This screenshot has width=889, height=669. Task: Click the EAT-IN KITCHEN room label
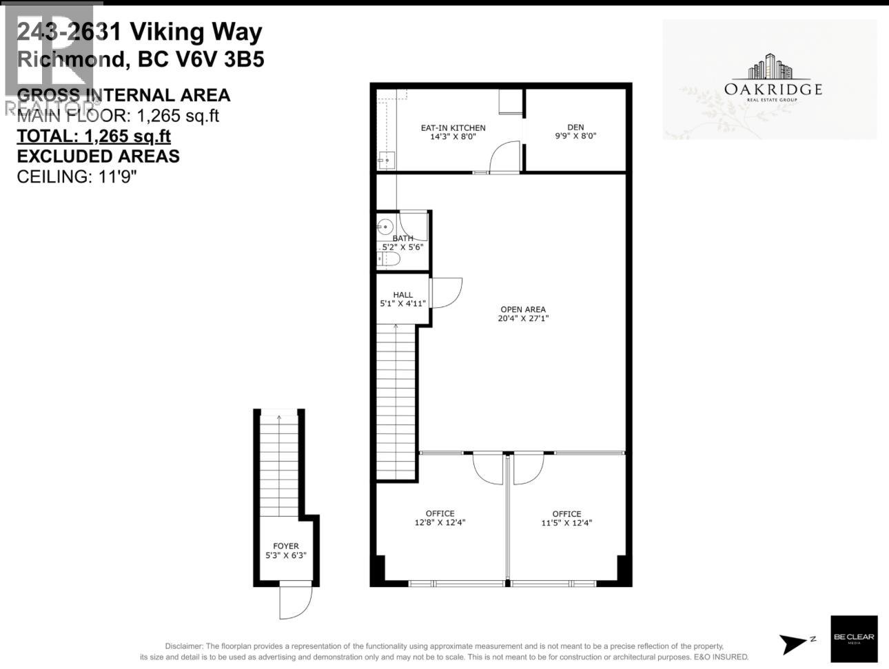click(453, 132)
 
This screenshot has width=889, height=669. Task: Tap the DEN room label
click(575, 131)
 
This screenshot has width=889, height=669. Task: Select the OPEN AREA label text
click(522, 313)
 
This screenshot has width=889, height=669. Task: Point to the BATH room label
click(402, 242)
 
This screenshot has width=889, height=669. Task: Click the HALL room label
click(402, 299)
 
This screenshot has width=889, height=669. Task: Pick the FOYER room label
click(285, 550)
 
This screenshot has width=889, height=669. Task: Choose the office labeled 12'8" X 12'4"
click(440, 517)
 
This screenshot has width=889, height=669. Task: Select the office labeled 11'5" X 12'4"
click(566, 517)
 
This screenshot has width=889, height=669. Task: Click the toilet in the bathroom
click(389, 259)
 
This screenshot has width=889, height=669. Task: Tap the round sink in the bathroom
click(385, 225)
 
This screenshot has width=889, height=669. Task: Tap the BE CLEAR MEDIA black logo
click(854, 638)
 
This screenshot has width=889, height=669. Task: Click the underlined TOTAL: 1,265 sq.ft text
click(94, 136)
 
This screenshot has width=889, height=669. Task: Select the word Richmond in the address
click(71, 59)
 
